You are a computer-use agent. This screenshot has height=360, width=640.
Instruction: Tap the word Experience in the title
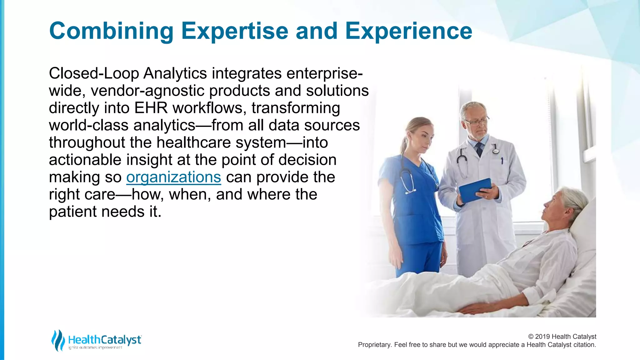click(x=408, y=31)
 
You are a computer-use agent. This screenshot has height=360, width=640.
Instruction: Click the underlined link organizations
click(x=173, y=177)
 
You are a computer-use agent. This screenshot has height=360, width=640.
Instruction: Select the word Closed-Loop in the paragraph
click(x=94, y=74)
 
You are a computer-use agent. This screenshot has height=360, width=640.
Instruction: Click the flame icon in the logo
click(x=58, y=340)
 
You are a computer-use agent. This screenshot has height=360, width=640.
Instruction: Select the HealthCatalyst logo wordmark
click(x=105, y=340)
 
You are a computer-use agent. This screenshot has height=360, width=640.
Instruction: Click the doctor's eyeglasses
click(x=476, y=121)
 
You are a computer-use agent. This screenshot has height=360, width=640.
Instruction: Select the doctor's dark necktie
click(x=479, y=149)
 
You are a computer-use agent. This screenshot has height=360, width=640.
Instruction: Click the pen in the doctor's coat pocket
click(x=502, y=161)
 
